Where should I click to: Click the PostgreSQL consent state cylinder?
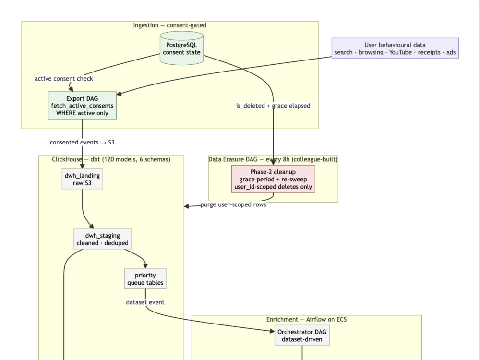[x=182, y=48]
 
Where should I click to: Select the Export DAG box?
[x=82, y=105]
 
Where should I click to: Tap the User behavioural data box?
[x=395, y=48]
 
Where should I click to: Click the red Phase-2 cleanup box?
[x=273, y=179]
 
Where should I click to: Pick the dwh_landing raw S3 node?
[x=82, y=179]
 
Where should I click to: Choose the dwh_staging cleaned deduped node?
[x=103, y=239]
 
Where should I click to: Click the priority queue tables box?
[x=145, y=278]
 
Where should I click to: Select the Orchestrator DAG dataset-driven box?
[x=302, y=336]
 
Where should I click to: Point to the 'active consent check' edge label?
[x=64, y=79]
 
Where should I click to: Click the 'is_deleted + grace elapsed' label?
[x=273, y=106]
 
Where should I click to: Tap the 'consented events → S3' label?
[x=82, y=143]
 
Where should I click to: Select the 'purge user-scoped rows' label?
[x=233, y=204]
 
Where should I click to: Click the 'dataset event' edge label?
[x=145, y=302]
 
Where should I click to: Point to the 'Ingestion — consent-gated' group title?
[x=169, y=25]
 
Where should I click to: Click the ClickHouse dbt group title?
[x=111, y=159]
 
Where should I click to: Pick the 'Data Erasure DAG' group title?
[x=273, y=159]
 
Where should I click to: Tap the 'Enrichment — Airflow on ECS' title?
[x=306, y=320]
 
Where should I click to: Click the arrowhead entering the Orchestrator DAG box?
[x=272, y=331]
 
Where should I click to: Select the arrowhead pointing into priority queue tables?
[x=145, y=266]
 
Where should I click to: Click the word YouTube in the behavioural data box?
[x=400, y=52]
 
